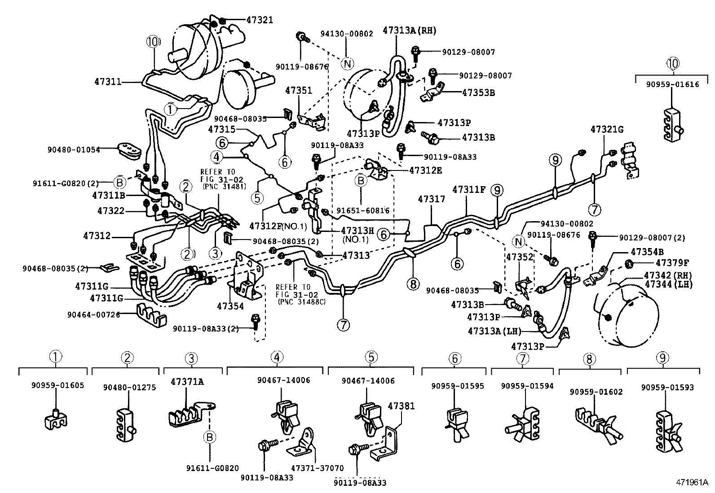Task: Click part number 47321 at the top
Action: (259, 20)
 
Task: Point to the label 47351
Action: (298, 91)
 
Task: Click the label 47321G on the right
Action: (607, 129)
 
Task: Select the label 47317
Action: (431, 199)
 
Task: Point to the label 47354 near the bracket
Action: (230, 306)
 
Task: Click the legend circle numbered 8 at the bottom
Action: (589, 359)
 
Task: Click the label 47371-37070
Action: (315, 467)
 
